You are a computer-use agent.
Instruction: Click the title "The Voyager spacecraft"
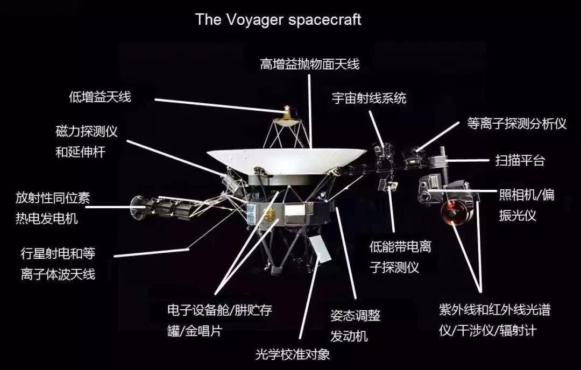[278, 19]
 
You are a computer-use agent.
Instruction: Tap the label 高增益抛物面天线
[310, 63]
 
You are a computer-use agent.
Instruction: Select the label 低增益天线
[100, 97]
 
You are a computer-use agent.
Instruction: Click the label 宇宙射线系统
[369, 98]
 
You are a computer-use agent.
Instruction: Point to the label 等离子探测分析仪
[516, 123]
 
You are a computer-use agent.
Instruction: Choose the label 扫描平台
[520, 160]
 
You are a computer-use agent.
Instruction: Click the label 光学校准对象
[293, 354]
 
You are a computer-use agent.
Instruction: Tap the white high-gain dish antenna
[287, 160]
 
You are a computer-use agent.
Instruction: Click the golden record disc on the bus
[270, 214]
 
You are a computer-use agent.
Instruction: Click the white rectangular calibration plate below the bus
[320, 248]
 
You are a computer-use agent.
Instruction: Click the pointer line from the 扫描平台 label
[467, 160]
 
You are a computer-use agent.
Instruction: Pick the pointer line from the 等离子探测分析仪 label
[437, 137]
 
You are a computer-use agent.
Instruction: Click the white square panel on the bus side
[295, 210]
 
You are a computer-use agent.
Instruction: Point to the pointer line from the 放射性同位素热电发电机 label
[112, 207]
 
